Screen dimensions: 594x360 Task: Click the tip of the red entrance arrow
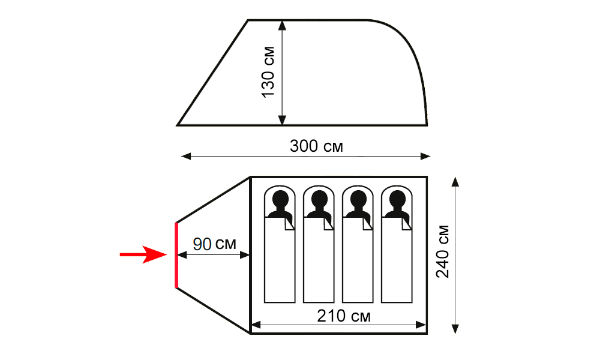[167, 254]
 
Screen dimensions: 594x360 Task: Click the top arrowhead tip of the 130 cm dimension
[282, 21]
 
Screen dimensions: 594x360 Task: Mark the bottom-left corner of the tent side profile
[177, 125]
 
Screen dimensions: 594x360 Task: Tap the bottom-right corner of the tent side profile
[427, 125]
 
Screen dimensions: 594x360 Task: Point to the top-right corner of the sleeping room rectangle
[427, 177]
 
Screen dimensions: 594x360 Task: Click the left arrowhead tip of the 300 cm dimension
[181, 156]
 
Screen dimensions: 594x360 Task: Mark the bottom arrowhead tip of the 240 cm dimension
[455, 334]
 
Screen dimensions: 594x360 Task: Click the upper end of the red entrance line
[176, 223]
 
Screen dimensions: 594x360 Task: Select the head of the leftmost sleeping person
[280, 198]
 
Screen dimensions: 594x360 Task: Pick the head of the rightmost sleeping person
[397, 198]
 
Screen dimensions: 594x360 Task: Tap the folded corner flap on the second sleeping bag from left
[328, 224]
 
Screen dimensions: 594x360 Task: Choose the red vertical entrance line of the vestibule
[176, 255]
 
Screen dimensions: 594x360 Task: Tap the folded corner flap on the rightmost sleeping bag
[406, 224]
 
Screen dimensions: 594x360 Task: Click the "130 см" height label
[268, 72]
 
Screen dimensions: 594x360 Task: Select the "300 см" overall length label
[316, 146]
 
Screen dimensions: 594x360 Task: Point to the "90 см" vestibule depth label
[214, 244]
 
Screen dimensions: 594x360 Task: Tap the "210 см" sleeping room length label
[344, 316]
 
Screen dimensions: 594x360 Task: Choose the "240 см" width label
[442, 251]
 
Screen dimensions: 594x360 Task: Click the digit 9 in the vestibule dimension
[197, 244]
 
